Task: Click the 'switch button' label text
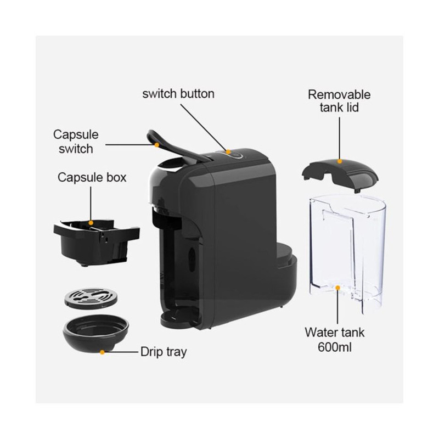[x=178, y=94]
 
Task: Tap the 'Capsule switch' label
[x=76, y=142]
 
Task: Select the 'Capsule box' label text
[x=92, y=177]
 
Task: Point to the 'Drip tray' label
[x=164, y=352]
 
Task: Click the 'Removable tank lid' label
[x=339, y=101]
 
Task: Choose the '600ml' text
[x=335, y=347]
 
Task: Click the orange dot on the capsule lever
[x=157, y=145]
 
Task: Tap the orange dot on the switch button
[x=228, y=152]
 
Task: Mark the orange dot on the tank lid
[x=340, y=161]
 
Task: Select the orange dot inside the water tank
[x=338, y=288]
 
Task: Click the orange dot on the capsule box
[x=91, y=223]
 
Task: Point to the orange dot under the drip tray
[x=102, y=352]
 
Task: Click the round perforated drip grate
[x=91, y=299]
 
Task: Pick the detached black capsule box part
[x=96, y=242]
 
